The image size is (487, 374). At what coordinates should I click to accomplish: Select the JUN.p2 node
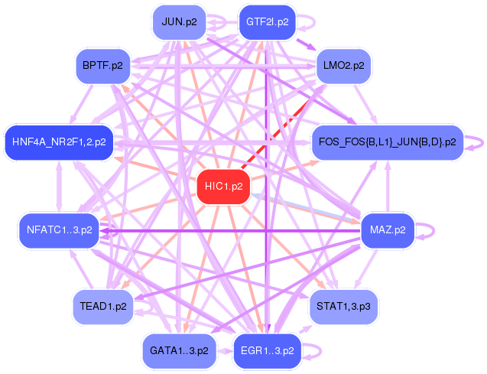click(180, 22)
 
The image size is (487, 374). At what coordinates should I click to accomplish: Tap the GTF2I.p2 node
click(267, 22)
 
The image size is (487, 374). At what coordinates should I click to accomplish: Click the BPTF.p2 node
click(102, 67)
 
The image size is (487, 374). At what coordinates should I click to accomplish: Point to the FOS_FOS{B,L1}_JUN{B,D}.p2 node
click(387, 142)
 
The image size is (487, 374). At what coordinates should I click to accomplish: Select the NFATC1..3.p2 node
click(59, 229)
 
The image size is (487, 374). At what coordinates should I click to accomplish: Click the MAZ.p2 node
click(387, 229)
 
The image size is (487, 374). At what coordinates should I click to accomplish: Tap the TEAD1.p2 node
click(102, 307)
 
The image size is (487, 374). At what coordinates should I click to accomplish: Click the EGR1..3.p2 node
click(267, 351)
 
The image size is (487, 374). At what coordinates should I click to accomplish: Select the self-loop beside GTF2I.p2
click(308, 22)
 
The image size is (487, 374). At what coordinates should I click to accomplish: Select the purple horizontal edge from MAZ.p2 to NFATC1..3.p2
click(229, 229)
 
